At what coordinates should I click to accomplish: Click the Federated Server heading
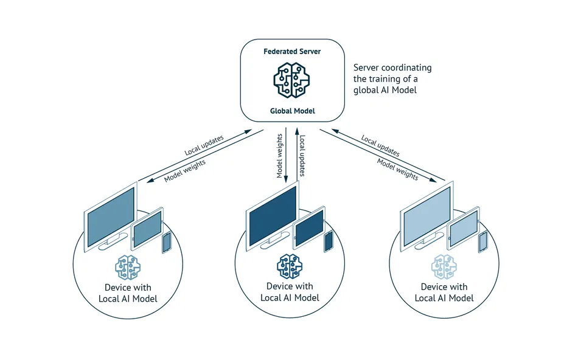(292, 52)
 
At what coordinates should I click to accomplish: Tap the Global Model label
(292, 111)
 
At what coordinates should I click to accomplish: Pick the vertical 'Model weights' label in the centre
(280, 156)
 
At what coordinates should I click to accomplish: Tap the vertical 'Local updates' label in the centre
(302, 156)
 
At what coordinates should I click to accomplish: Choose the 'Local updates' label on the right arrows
(380, 146)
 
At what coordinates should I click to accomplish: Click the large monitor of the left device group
(110, 215)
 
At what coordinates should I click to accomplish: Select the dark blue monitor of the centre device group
(273, 215)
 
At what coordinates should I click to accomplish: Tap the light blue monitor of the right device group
(426, 215)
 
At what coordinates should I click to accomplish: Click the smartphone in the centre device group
(329, 241)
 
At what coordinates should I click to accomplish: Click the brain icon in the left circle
(128, 267)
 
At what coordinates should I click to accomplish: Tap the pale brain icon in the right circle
(444, 266)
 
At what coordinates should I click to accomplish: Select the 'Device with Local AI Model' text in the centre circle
(290, 292)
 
